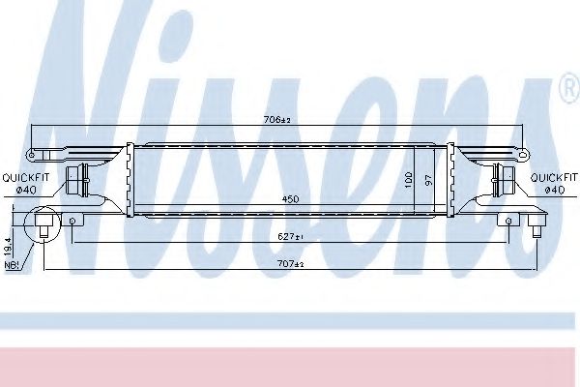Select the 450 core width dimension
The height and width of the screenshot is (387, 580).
tap(290, 199)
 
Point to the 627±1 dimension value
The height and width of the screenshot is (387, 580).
tap(290, 236)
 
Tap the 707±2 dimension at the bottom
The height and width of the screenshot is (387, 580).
tap(290, 264)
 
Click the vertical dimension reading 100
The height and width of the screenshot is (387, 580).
tap(408, 179)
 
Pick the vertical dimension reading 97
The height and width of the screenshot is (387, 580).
tap(428, 180)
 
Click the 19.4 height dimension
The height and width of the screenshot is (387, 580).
tap(8, 247)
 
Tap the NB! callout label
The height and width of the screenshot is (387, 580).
tap(10, 265)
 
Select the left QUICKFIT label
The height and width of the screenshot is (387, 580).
tap(25, 178)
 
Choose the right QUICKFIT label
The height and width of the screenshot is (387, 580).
tap(554, 178)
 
